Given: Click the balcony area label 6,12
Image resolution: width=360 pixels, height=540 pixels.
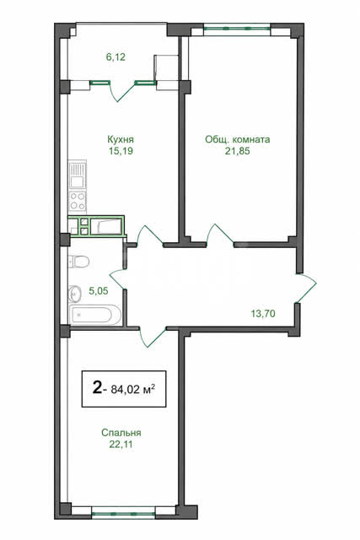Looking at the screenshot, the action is (x=116, y=57).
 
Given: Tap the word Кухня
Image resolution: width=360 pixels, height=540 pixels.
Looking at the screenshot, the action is (x=121, y=139).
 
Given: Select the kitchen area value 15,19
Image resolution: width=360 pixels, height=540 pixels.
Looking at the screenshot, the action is (x=121, y=151).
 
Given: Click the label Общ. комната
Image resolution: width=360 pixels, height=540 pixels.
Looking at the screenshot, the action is (x=238, y=139).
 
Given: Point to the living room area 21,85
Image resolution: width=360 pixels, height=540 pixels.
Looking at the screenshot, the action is (x=238, y=151).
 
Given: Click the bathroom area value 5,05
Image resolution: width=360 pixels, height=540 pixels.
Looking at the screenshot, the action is (x=99, y=291).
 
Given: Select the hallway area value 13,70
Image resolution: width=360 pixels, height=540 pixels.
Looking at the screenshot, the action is (x=263, y=314).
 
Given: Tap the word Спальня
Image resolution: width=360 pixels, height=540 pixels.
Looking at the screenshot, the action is (x=121, y=433).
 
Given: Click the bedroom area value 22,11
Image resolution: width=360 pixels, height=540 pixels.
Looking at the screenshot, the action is (x=121, y=445).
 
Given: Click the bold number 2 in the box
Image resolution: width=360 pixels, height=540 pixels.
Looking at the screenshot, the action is (x=97, y=388).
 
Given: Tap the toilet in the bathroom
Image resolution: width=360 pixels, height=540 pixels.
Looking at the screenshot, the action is (x=78, y=262).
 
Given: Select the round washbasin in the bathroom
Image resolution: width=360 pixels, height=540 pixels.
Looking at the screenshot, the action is (x=75, y=294).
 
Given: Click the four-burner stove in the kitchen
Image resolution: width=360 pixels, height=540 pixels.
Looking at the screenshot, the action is (x=78, y=202).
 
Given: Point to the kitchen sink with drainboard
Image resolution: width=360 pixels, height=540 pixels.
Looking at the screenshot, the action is (x=78, y=175).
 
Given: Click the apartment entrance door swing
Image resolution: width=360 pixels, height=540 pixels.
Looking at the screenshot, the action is (x=306, y=288).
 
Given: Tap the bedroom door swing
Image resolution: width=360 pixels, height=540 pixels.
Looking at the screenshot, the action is (x=153, y=336).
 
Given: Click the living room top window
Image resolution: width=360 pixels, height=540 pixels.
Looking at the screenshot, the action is (x=237, y=29).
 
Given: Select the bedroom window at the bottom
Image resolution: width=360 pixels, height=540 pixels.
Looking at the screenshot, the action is (x=124, y=514).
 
